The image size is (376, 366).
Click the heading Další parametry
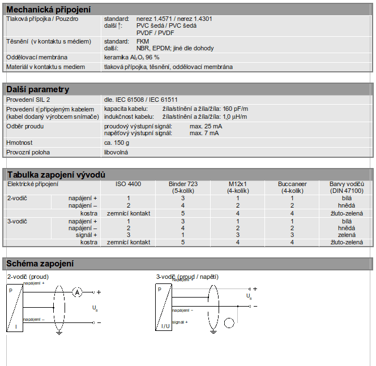click(x=37, y=89)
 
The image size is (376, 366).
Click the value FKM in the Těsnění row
click(x=143, y=41)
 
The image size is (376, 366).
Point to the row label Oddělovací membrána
click(x=37, y=57)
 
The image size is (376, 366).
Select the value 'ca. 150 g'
click(x=117, y=143)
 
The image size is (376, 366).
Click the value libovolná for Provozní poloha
click(x=117, y=152)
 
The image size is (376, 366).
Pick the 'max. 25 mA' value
click(x=206, y=126)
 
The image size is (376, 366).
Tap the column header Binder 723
click(x=183, y=184)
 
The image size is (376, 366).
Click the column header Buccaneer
click(x=292, y=184)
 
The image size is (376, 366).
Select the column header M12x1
click(x=238, y=184)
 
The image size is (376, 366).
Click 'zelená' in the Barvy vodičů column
click(x=347, y=235)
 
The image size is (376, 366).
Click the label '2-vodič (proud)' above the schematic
click(x=28, y=277)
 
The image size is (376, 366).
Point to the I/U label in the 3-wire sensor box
click(x=165, y=326)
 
